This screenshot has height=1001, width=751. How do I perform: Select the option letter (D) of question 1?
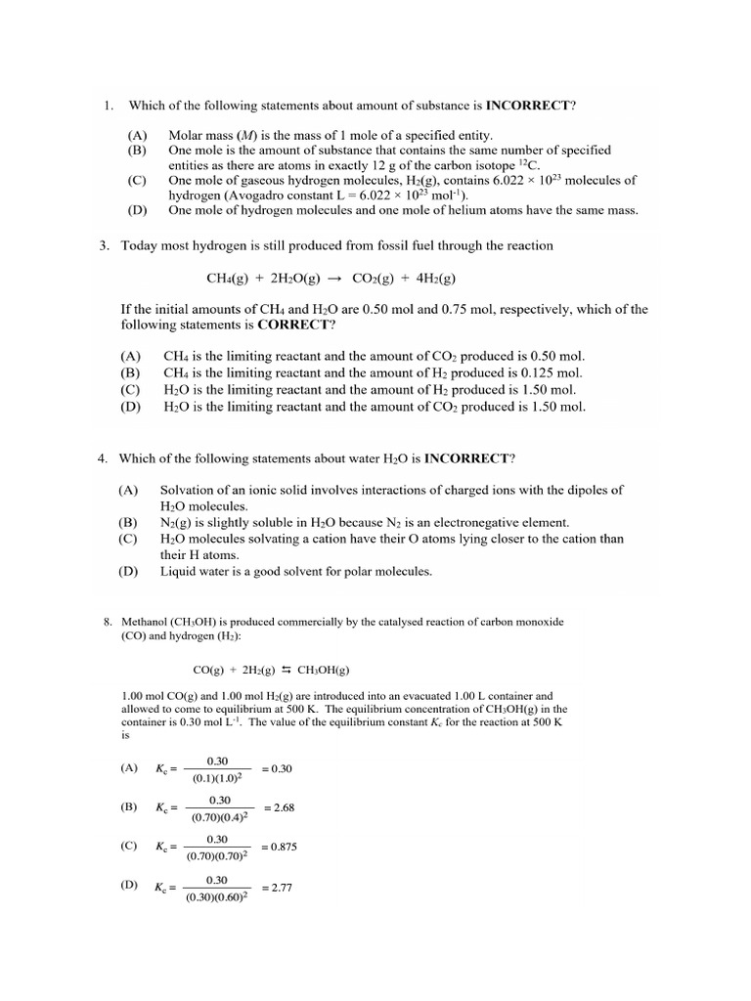point(137,210)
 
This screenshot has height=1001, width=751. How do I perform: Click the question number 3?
point(105,245)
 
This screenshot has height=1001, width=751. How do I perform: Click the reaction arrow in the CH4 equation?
point(335,278)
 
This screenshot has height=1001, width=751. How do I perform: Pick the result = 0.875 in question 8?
point(280,848)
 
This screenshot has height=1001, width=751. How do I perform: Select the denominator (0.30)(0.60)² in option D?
point(219,896)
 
